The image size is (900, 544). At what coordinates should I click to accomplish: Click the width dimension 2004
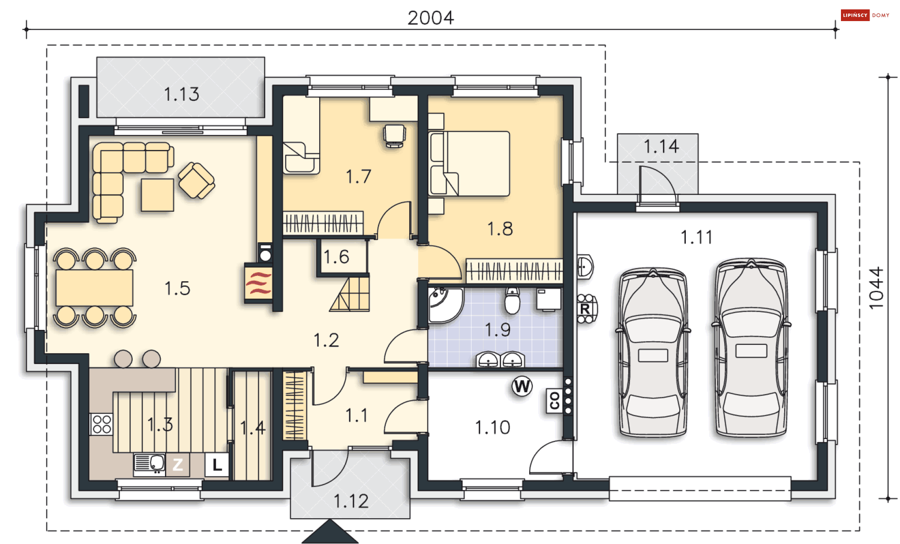(430, 18)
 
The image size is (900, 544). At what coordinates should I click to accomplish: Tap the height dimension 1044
(876, 288)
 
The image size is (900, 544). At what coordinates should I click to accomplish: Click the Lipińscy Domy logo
(865, 15)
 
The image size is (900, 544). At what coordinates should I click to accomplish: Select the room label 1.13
(181, 94)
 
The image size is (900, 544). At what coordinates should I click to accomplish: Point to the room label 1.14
(661, 147)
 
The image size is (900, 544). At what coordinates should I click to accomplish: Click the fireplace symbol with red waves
(258, 283)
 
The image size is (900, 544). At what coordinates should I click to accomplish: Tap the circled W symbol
(522, 387)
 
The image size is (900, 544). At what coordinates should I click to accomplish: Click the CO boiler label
(555, 401)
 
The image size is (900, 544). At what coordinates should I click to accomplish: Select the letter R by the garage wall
(585, 309)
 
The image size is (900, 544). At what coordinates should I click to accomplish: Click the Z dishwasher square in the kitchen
(178, 464)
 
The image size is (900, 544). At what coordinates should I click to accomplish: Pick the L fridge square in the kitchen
(217, 464)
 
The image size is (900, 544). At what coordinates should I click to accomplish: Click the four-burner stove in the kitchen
(102, 424)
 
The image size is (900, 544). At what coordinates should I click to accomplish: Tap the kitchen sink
(149, 463)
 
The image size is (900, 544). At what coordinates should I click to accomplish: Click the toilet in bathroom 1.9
(512, 300)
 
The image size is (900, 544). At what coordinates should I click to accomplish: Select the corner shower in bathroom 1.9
(445, 305)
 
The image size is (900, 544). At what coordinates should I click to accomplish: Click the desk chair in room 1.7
(394, 136)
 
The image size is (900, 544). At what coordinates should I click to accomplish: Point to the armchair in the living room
(196, 180)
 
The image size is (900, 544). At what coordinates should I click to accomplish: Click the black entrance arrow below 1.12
(330, 532)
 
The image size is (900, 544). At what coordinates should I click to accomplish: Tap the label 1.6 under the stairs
(336, 257)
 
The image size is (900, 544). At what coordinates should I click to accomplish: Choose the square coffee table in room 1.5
(157, 195)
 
